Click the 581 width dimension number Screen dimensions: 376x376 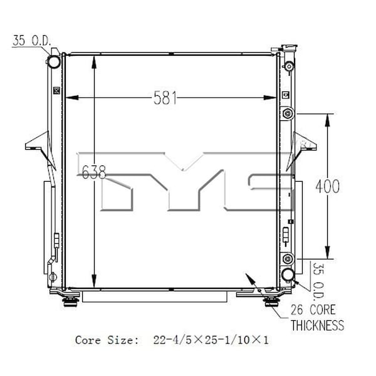pyautogui.click(x=165, y=98)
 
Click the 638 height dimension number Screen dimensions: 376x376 pyautogui.click(x=94, y=172)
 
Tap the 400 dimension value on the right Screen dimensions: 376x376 pyautogui.click(x=328, y=186)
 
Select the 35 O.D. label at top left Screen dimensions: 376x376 pyautogui.click(x=32, y=41)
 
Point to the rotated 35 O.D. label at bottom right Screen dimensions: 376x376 pyautogui.click(x=319, y=281)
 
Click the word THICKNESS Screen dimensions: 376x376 pyautogui.click(x=318, y=325)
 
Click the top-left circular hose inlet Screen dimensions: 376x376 pyautogui.click(x=53, y=61)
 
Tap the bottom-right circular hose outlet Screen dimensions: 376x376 pyautogui.click(x=288, y=274)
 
